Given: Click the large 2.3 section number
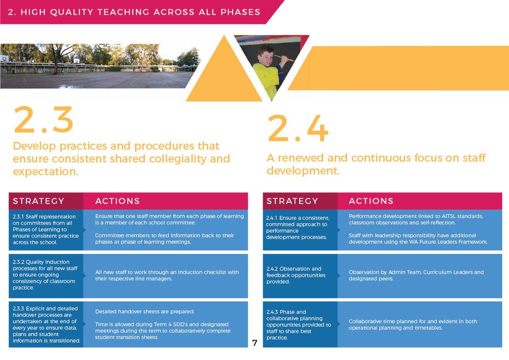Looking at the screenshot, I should point(43,120).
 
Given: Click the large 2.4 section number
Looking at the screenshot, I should point(297,128).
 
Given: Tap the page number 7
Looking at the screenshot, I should point(254,343).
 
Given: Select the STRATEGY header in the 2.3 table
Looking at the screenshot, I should point(39,201).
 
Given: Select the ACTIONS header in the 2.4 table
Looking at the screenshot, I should point(371,201).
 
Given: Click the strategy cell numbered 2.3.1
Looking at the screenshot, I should point(45,229).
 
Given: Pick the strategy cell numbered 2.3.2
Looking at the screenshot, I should point(45,275).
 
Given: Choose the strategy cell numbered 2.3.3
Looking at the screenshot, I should point(45,324).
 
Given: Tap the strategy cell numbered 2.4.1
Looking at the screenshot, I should point(300,228).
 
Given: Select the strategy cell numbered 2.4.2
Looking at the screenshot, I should point(300,275).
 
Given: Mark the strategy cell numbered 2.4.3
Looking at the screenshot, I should point(300,324).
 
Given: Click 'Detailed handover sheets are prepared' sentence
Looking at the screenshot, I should point(145,312).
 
